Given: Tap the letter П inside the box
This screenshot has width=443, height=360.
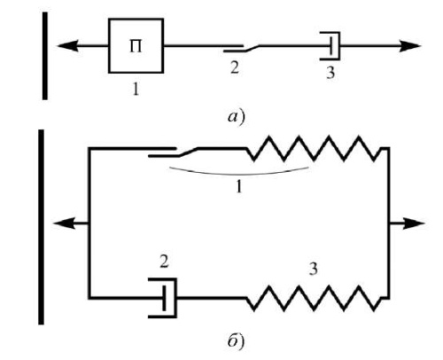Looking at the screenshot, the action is [136, 47].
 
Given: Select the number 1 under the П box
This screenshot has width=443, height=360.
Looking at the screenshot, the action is [136, 89].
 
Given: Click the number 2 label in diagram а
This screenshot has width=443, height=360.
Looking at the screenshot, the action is [234, 67].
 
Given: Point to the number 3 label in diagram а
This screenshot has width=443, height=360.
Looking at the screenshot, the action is [330, 73].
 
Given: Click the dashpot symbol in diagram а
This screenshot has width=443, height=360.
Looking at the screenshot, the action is [330, 46].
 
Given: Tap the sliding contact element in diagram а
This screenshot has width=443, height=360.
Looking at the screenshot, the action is [241, 48].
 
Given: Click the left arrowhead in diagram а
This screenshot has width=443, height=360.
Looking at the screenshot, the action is [67, 46].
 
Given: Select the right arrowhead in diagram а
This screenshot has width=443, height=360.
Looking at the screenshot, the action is [409, 46].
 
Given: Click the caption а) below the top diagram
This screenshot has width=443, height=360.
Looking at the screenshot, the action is [237, 117].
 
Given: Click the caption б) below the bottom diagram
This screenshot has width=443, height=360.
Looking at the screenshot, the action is [236, 340].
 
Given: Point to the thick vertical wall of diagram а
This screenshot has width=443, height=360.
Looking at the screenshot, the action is [45, 56].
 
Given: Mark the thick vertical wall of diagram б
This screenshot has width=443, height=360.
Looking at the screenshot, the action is [41, 227].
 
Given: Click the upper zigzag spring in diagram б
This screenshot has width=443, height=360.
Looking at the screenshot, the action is [314, 148].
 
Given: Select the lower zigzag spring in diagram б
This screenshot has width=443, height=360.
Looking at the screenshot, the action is [314, 298].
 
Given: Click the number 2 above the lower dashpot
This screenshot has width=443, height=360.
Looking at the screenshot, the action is [164, 262].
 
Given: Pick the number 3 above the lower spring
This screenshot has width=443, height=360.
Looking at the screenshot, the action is [313, 269].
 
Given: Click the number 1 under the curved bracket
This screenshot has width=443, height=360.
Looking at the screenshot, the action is [239, 186].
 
